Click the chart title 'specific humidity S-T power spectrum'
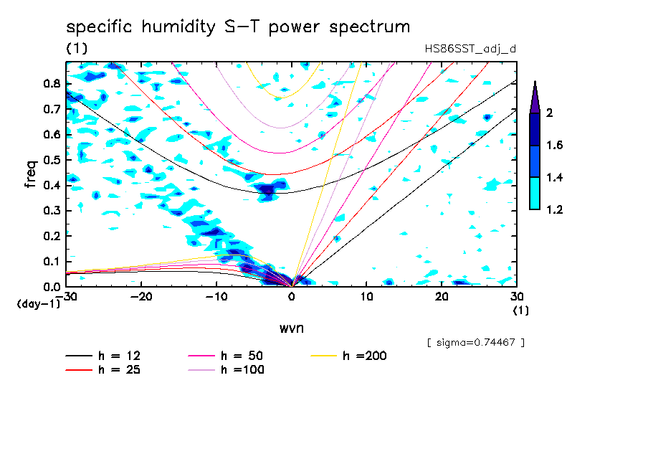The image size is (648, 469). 238,27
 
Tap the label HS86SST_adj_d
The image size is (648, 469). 470,49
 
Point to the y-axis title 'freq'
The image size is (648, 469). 32,174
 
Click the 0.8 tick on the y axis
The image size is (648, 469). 52,83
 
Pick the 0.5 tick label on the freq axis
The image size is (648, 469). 52,160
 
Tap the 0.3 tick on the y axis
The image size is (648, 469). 52,211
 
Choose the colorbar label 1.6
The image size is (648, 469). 554,146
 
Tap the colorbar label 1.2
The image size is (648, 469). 554,209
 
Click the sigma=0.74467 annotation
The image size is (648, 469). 476,343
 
